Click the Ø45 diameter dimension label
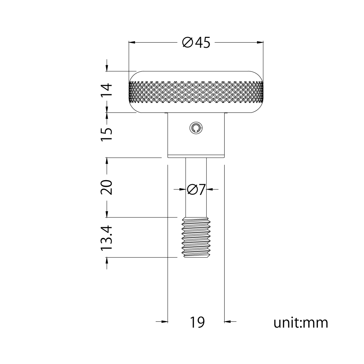[x=196, y=43]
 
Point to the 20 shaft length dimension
[x=107, y=187]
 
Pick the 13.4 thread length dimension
[x=107, y=238]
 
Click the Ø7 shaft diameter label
[x=196, y=189]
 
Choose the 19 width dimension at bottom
[x=197, y=322]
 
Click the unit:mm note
[x=301, y=323]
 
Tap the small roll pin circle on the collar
[x=196, y=128]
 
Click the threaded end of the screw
[x=196, y=237]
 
